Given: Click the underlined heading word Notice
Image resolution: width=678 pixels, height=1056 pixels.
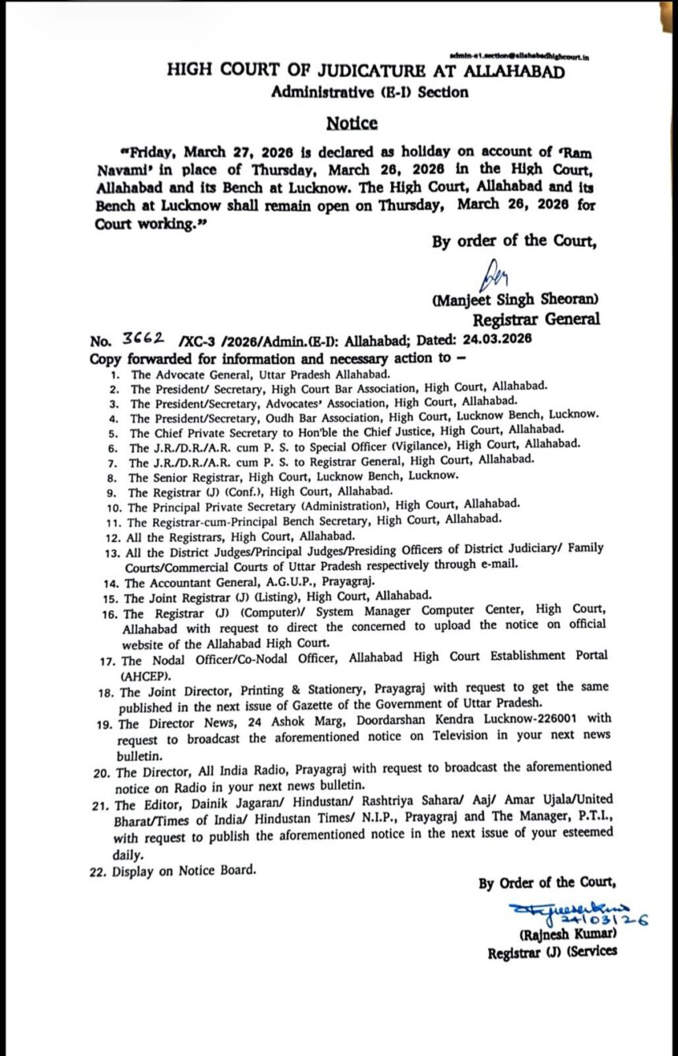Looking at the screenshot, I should [352, 123].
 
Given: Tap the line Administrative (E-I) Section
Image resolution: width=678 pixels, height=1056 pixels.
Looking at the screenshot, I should [369, 92].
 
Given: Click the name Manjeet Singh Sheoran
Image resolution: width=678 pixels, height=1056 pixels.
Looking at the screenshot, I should [515, 300].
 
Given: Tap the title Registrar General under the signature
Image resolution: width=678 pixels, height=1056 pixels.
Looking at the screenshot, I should [535, 319].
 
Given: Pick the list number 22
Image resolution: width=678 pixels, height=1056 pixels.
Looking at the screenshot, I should [99, 871].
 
